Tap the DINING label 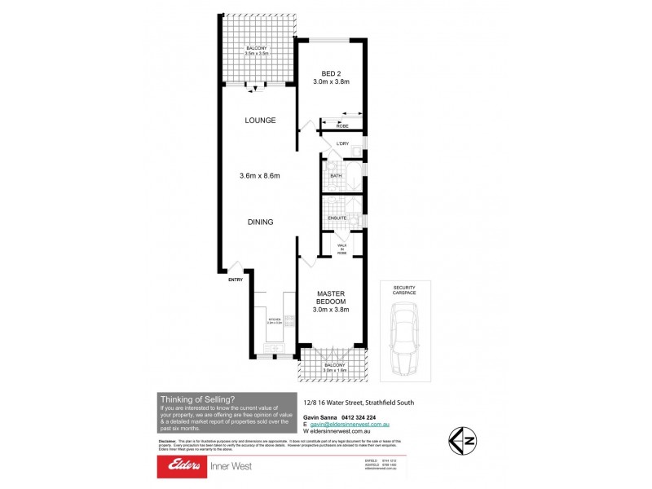tap(261, 222)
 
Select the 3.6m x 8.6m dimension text tap(261, 175)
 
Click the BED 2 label tap(331, 72)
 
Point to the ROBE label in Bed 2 tap(342, 126)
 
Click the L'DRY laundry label tap(343, 144)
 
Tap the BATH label tap(335, 175)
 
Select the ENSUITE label tap(337, 218)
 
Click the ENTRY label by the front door tap(236, 280)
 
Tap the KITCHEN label tap(273, 320)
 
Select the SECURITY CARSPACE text tap(404, 291)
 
